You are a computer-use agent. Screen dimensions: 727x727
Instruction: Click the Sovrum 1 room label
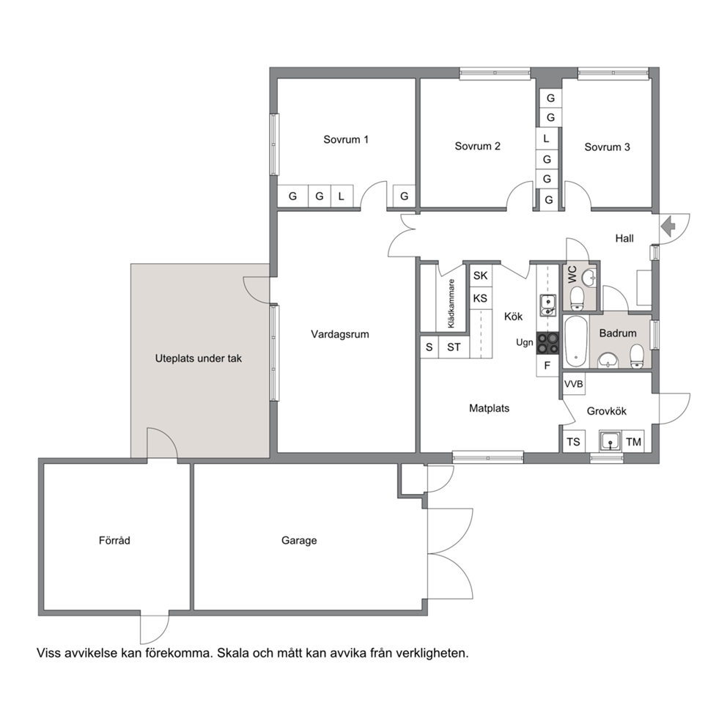(x=346, y=139)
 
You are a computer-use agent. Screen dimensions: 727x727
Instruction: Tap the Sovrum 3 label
(x=607, y=147)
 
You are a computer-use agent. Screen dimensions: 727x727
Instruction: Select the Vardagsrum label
(x=340, y=334)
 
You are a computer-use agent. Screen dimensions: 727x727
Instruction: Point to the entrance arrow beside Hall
(x=668, y=226)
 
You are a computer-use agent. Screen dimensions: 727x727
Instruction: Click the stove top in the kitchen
(x=547, y=343)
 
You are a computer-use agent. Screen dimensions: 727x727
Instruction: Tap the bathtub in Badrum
(x=576, y=342)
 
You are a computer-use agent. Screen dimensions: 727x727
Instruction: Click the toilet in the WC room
(x=577, y=298)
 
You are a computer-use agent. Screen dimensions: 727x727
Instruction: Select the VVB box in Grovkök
(x=574, y=384)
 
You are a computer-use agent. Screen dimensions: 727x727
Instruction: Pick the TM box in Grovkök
(x=633, y=442)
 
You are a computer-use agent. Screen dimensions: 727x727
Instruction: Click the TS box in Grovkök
(x=574, y=442)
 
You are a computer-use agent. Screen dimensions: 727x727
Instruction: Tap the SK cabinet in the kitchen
(x=480, y=276)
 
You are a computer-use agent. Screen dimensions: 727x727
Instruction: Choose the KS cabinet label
(x=480, y=298)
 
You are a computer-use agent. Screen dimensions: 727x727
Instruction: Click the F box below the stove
(x=547, y=366)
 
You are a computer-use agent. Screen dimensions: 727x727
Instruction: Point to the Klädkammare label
(x=451, y=303)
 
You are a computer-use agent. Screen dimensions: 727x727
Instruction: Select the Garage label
(x=299, y=541)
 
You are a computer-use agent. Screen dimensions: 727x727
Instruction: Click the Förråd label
(x=114, y=541)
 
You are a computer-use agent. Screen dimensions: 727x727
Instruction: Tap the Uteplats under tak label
(x=199, y=358)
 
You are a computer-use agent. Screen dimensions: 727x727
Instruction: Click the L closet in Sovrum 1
(x=342, y=196)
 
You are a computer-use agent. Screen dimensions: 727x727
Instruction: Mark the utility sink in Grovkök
(x=610, y=441)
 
